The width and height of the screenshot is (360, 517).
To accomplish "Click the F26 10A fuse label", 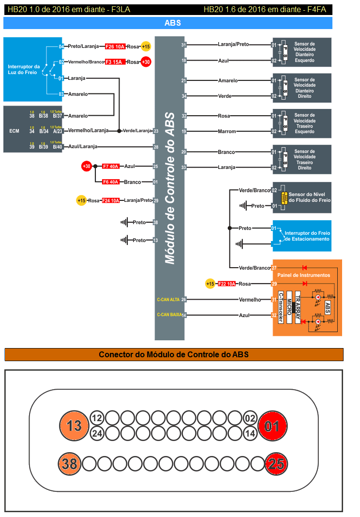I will point(116,46).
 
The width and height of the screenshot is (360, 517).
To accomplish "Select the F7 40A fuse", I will point(111,167).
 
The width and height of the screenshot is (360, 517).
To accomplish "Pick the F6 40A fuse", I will point(111,182).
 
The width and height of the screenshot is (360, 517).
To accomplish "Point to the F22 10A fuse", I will point(226,284).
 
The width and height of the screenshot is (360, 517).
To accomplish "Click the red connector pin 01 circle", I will point(273,426).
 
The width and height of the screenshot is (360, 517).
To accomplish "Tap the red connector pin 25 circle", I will point(276,464).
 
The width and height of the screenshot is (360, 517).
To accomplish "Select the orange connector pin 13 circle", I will point(74,426).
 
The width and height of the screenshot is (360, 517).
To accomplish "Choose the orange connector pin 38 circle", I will point(70,464).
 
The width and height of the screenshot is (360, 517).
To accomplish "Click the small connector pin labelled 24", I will point(97,433).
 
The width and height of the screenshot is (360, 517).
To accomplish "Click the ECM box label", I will point(14,131).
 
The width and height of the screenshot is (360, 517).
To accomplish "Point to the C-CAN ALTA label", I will point(168,300).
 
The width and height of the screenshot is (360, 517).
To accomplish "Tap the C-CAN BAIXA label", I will point(169,315).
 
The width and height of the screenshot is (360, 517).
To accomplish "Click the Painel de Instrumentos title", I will point(304,275).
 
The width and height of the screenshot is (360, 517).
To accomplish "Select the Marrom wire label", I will point(226,131).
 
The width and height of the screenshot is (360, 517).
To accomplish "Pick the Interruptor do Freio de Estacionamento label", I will point(307,236).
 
